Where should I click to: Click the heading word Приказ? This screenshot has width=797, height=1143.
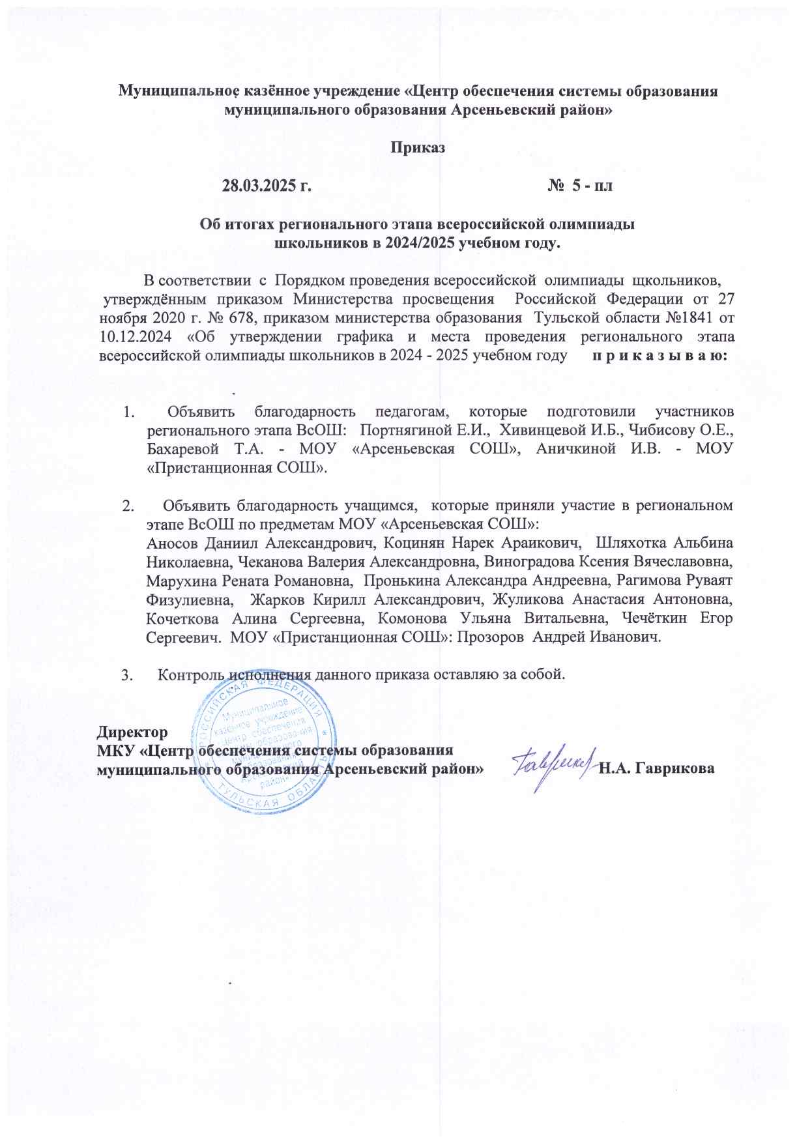tap(418, 147)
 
